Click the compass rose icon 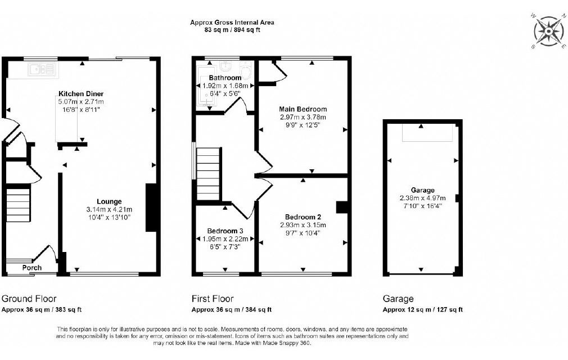tap(549, 31)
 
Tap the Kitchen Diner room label tap(81, 94)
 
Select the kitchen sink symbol tap(43, 70)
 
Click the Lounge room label tap(109, 201)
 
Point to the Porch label tap(32, 268)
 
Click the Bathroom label tap(225, 78)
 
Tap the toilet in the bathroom tap(246, 70)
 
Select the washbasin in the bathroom tap(226, 66)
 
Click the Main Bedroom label tap(303, 109)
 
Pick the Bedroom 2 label tap(303, 217)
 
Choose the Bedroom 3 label tap(225, 231)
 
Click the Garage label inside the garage tap(423, 190)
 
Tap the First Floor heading tap(213, 299)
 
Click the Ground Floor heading tap(29, 299)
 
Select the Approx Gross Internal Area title tap(232, 22)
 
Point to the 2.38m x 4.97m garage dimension tap(423, 198)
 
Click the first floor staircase tap(208, 173)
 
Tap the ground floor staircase tap(17, 204)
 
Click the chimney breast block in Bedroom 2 tap(342, 207)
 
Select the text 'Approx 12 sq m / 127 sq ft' tap(423, 310)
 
